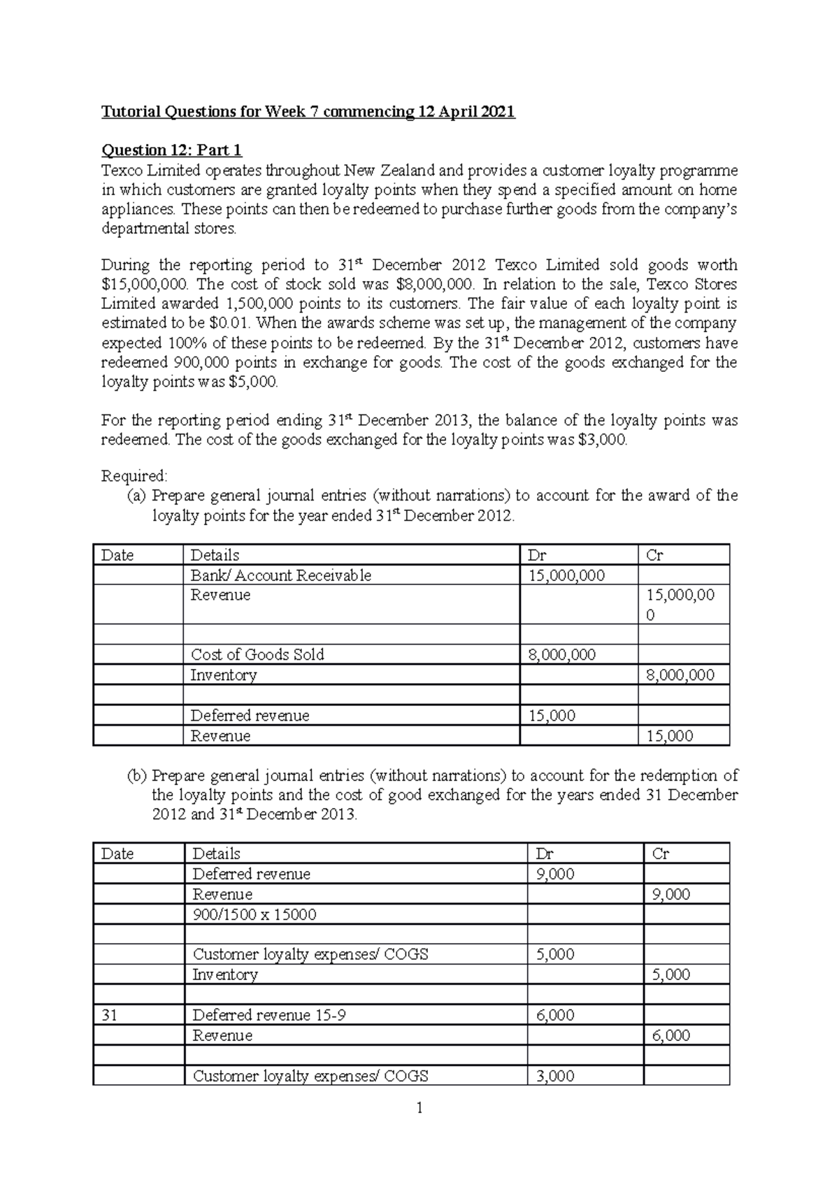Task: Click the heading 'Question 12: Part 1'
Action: pos(171,150)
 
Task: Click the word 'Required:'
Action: pos(134,476)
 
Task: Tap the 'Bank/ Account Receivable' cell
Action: pos(281,575)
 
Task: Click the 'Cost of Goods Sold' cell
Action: pos(257,655)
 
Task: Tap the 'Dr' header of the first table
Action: pos(537,555)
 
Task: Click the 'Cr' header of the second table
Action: pos(660,854)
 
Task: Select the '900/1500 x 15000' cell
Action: pos(254,914)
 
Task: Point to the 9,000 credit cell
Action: pos(671,895)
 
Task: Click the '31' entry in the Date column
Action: pos(109,1015)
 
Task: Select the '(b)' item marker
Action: pos(136,776)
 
